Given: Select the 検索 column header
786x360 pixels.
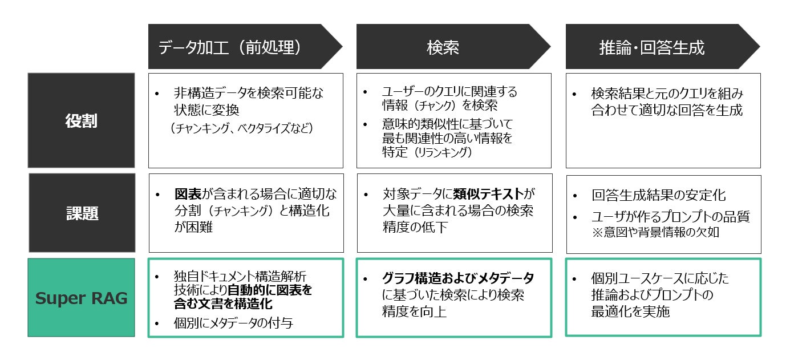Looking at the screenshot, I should click(443, 47).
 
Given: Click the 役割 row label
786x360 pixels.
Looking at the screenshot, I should click(82, 121).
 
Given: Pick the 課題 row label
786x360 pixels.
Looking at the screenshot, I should click(82, 213).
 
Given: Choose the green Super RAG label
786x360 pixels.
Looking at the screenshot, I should click(82, 298).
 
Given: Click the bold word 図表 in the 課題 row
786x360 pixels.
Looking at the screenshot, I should click(187, 194).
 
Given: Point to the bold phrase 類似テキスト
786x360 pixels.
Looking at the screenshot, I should click(489, 194).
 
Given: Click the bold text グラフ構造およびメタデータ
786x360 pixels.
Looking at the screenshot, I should click(458, 278).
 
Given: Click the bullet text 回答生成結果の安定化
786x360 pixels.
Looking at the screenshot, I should click(659, 196).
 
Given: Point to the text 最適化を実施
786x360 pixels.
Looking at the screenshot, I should click(630, 312).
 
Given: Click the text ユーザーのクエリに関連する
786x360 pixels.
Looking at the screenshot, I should click(449, 92).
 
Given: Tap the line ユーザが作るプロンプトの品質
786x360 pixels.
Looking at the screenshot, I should click(670, 217).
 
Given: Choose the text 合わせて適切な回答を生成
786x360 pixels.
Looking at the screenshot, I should click(667, 110).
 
